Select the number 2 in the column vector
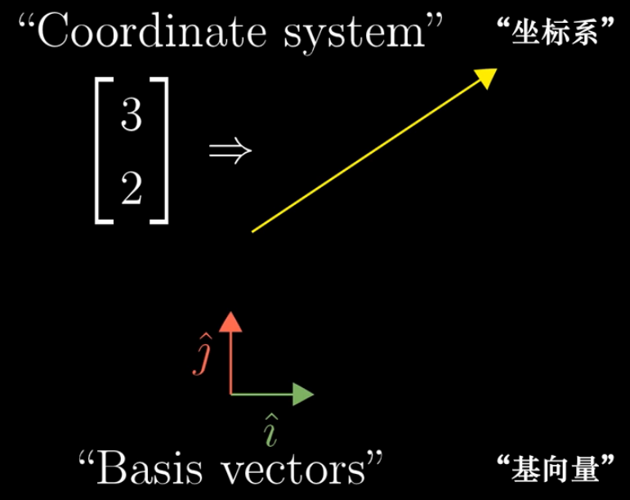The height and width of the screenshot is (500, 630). point(131,190)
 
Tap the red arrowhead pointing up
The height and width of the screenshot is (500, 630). point(232,320)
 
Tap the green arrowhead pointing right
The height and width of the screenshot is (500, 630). point(304,394)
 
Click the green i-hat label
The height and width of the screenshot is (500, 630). point(269,429)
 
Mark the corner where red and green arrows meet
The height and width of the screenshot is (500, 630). point(232,394)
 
